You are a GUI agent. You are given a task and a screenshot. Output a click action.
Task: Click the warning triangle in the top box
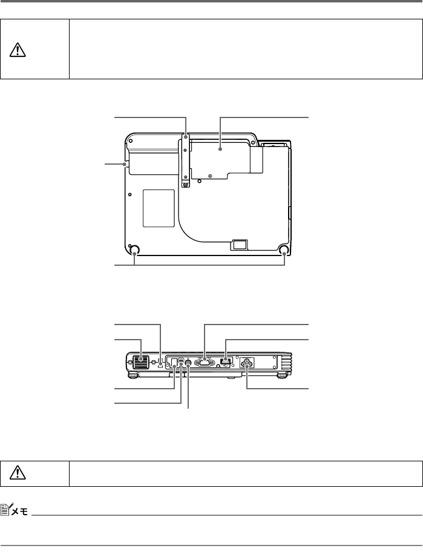tap(18, 50)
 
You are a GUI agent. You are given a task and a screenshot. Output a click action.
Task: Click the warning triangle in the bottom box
tap(18, 472)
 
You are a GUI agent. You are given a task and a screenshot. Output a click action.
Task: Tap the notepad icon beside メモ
tap(7, 509)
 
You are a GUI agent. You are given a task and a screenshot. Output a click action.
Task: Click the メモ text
tap(20, 511)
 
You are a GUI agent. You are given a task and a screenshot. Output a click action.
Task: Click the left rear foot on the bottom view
tap(134, 250)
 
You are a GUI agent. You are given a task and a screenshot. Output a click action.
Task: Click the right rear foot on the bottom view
tap(284, 250)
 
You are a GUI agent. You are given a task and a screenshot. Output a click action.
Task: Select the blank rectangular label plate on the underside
tap(159, 208)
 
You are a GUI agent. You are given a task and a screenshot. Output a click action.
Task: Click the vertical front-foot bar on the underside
tap(185, 160)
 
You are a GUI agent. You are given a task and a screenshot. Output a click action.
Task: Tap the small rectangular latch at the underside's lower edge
tap(240, 244)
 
